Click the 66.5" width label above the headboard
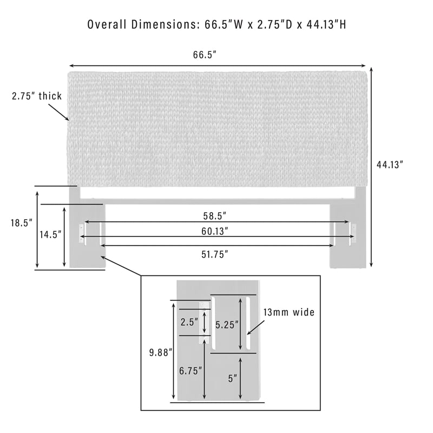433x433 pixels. coord(205,55)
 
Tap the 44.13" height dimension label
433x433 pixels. coord(390,165)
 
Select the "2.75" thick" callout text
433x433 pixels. coord(37,96)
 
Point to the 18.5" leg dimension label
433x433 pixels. coord(22,223)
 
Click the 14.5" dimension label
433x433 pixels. coord(50,235)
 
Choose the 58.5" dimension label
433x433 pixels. coord(214,216)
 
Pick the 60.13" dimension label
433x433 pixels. coord(214,231)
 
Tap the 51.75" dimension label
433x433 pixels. coord(214,254)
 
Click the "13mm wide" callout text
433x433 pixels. coord(289,312)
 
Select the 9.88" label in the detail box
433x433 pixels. coord(161,353)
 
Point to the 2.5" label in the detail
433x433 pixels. coord(189,322)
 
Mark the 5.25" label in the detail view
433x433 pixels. coord(227,325)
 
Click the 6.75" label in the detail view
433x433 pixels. coord(191,371)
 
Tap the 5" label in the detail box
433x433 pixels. coord(233,378)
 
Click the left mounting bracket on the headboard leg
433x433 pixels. coord(82,234)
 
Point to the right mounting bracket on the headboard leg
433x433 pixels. coord(353,234)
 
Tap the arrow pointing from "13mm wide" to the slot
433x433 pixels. coord(256,327)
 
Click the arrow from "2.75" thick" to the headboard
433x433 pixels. coord(59,112)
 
